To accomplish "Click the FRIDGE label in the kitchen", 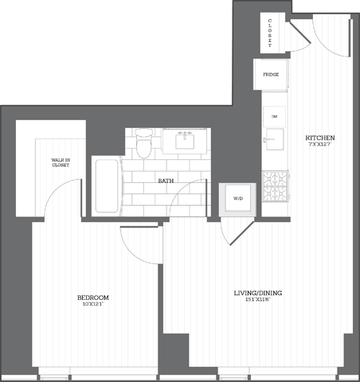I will coord(270,75).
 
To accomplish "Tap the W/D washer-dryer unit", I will coord(237,198).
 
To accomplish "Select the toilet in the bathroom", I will coord(143,143).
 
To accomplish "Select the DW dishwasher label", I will coord(273,116).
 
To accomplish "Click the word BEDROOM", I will coord(92,298).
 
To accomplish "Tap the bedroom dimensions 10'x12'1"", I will coord(92,305).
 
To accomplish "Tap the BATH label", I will coord(166,181).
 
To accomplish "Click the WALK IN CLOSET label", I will coord(61,163).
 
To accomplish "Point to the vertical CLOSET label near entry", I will coord(271,33).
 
